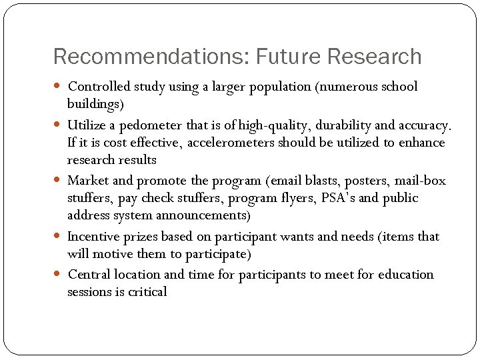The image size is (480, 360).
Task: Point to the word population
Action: (x=279, y=87)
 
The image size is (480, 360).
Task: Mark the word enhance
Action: (x=423, y=143)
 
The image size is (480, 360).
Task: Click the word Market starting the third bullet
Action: (x=89, y=181)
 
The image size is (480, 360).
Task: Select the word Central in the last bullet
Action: (x=89, y=275)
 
